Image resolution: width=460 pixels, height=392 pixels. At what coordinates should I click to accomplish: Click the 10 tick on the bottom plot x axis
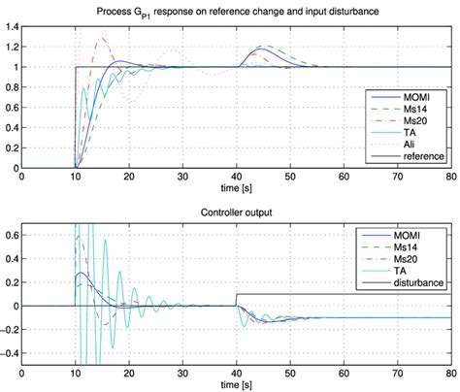pos(75,374)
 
